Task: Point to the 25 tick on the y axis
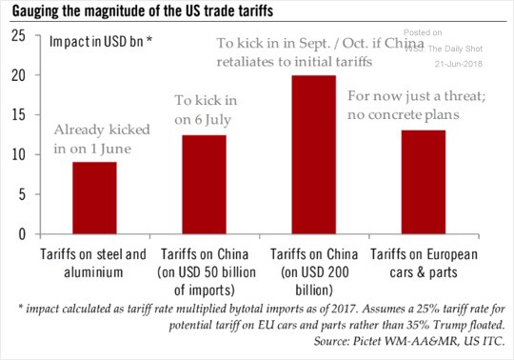click(x=17, y=36)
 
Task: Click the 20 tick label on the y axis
click(x=17, y=75)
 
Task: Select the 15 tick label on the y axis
click(x=17, y=114)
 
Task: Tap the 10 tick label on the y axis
click(x=17, y=154)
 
